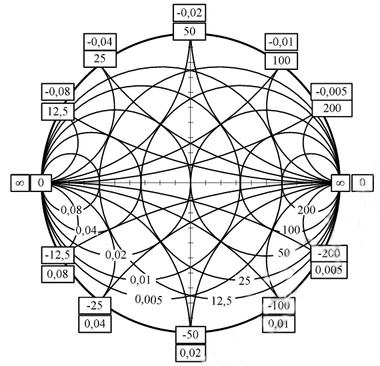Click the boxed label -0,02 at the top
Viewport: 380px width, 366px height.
pyautogui.click(x=189, y=13)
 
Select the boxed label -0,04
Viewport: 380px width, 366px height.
pyautogui.click(x=100, y=42)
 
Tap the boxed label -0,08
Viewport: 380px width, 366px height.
pyautogui.click(x=58, y=91)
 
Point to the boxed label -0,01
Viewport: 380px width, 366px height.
pyautogui.click(x=281, y=42)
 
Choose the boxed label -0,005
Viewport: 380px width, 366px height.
pyautogui.click(x=331, y=91)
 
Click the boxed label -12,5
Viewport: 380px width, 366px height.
pyautogui.click(x=58, y=255)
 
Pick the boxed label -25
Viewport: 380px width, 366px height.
pyautogui.click(x=95, y=305)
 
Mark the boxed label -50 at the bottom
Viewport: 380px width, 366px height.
pyautogui.click(x=191, y=335)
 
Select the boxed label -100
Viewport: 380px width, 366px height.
pyautogui.click(x=279, y=305)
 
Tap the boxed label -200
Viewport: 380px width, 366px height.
pyautogui.click(x=329, y=253)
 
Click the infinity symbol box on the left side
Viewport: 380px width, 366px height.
pyautogui.click(x=20, y=183)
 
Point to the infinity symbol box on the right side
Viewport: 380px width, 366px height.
pyautogui.click(x=341, y=183)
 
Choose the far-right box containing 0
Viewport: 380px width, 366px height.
pyautogui.click(x=362, y=183)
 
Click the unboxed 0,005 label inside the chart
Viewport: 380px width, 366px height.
pyautogui.click(x=148, y=300)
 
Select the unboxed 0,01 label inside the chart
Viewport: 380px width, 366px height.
pyautogui.click(x=141, y=280)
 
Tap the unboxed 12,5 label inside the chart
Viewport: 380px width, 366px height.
pyautogui.click(x=222, y=301)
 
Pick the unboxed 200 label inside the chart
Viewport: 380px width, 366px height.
pyautogui.click(x=306, y=210)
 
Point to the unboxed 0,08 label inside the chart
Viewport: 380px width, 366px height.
pyautogui.click(x=71, y=210)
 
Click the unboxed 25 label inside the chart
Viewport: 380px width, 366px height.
pyautogui.click(x=244, y=281)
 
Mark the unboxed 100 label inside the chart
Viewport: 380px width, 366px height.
pyautogui.click(x=291, y=230)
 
